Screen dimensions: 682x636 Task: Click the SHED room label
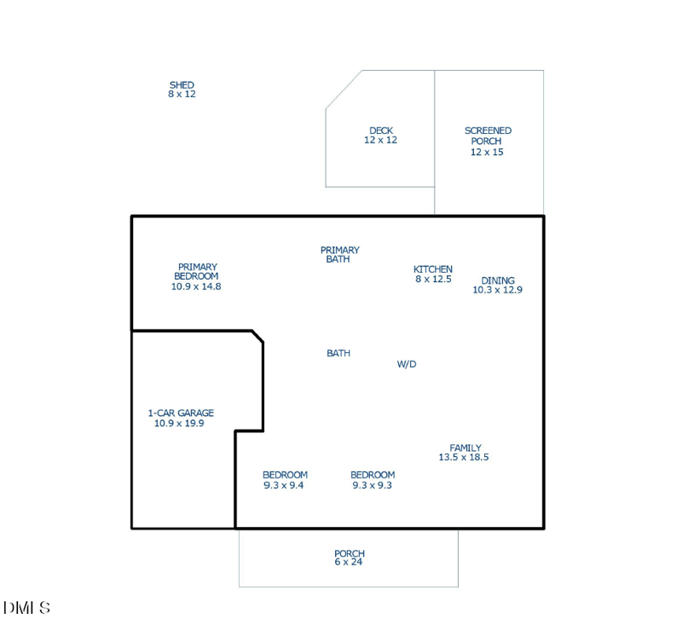click(182, 85)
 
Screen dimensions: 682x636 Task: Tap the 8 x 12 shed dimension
click(182, 94)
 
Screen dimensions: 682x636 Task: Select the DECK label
click(381, 130)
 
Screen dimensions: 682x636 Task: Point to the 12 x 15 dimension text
click(487, 152)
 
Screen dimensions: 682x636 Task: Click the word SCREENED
click(488, 130)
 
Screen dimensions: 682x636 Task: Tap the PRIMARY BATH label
click(339, 255)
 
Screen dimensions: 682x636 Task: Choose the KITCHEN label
click(433, 269)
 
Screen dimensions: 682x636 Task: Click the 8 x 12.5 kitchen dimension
click(433, 279)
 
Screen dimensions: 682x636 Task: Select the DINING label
click(498, 280)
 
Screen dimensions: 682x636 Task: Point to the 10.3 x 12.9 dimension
click(498, 290)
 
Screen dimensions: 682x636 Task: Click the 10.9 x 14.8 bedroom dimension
click(196, 286)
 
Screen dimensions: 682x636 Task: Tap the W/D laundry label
click(407, 364)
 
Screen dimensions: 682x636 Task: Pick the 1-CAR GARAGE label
click(181, 413)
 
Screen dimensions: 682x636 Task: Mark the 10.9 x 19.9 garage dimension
click(179, 423)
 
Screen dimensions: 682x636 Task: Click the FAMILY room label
click(465, 448)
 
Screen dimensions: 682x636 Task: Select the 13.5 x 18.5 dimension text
click(464, 457)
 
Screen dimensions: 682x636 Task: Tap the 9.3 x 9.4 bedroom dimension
click(284, 485)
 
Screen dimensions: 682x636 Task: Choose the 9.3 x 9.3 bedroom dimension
click(373, 485)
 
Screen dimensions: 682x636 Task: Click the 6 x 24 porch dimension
click(349, 562)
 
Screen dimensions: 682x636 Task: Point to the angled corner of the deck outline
click(344, 90)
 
